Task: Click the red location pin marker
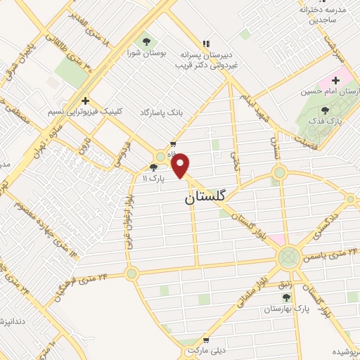tap(181, 165)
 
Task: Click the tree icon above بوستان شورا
tap(146, 41)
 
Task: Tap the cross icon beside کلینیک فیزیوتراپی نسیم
tap(85, 101)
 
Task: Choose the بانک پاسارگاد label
tap(162, 112)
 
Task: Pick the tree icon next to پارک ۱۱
tap(154, 167)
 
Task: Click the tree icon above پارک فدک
tap(324, 110)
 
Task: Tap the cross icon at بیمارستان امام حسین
tap(336, 81)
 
